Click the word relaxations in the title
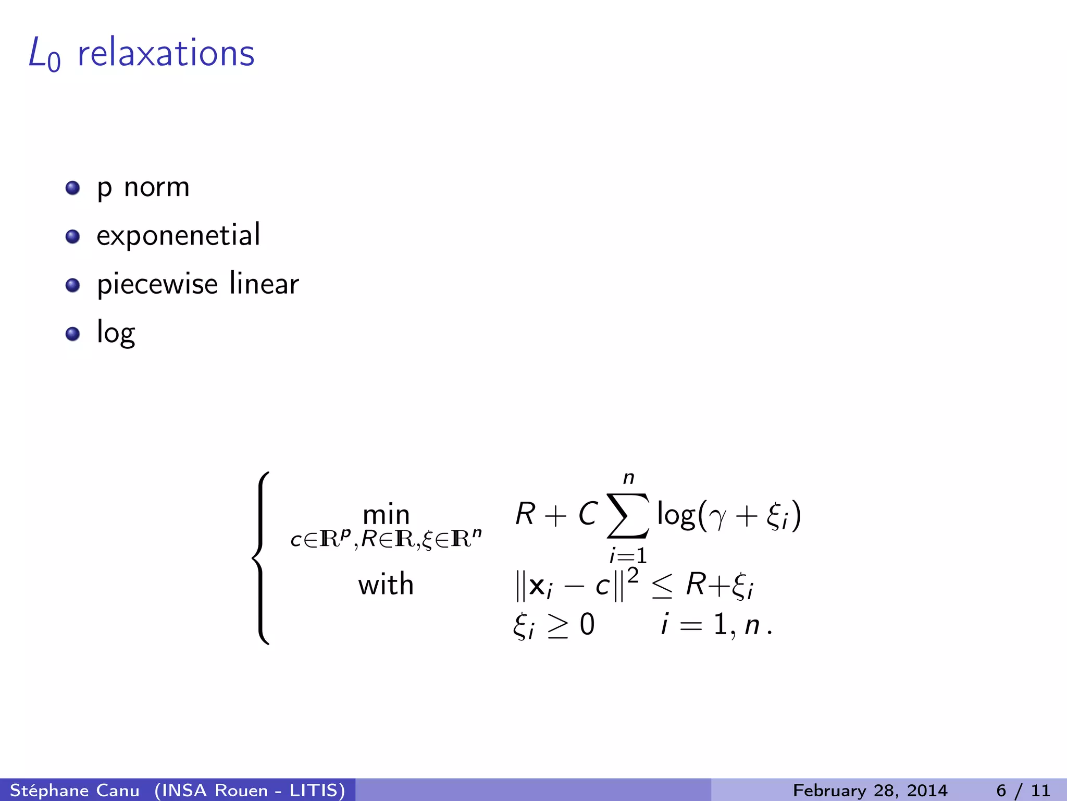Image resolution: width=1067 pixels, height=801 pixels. click(x=166, y=53)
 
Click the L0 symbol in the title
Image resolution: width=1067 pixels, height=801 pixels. click(x=44, y=54)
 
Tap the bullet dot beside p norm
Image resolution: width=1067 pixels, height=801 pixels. click(x=72, y=188)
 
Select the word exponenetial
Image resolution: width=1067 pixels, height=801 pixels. click(x=178, y=236)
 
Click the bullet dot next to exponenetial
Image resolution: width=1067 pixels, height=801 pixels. click(x=72, y=237)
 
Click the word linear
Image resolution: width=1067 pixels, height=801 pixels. click(x=264, y=284)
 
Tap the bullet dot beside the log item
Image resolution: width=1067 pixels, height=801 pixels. click(x=72, y=334)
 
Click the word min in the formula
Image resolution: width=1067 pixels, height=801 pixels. click(x=386, y=515)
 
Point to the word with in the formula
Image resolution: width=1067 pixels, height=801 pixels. click(x=386, y=584)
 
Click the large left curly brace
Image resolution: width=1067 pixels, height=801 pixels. click(x=261, y=558)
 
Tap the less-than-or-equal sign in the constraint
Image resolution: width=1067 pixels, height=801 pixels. click(x=662, y=587)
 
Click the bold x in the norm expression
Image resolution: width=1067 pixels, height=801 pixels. click(x=537, y=586)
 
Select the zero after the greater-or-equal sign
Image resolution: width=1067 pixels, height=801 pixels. click(x=587, y=624)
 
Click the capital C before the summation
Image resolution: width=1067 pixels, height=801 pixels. click(x=588, y=514)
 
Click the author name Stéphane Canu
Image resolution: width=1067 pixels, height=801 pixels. click(x=75, y=790)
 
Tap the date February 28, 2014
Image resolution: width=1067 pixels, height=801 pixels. click(x=870, y=790)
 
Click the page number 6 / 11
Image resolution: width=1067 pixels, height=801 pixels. click(x=1023, y=790)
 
